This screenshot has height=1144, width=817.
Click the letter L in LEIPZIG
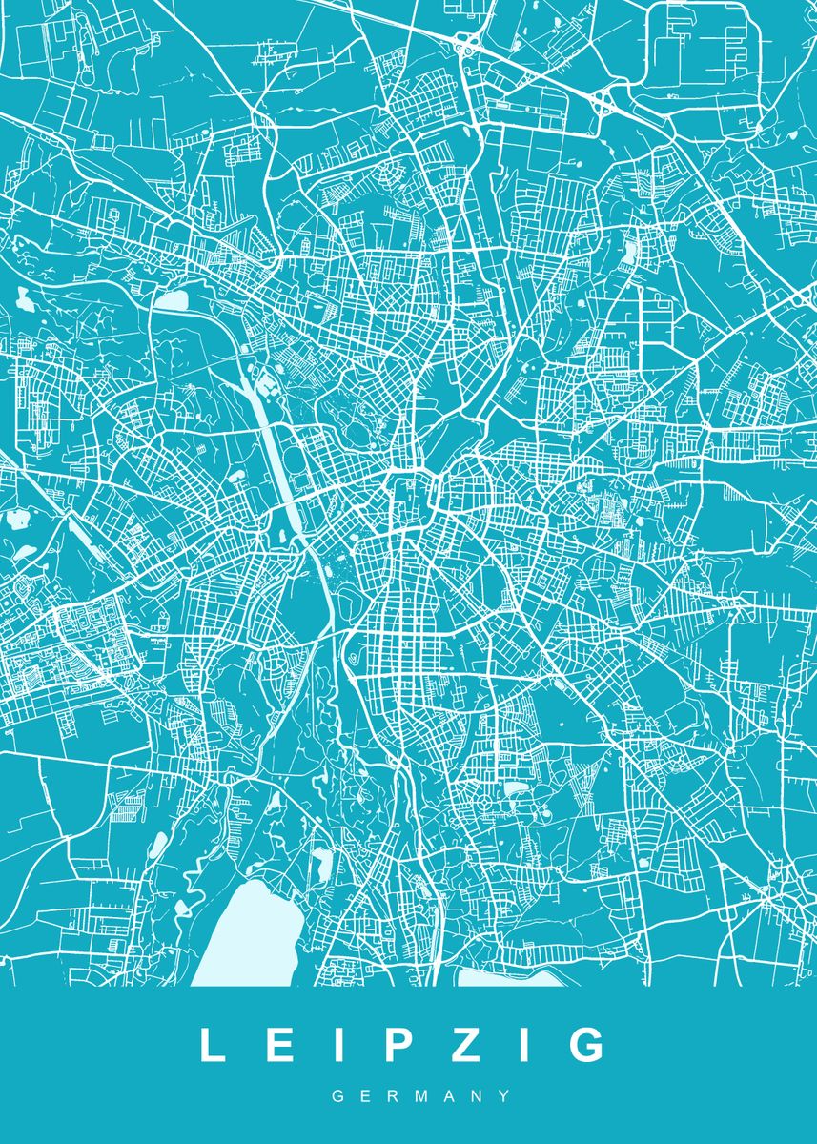212,1045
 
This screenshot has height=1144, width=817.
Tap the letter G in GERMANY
337,1097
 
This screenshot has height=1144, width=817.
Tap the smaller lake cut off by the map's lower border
505,976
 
